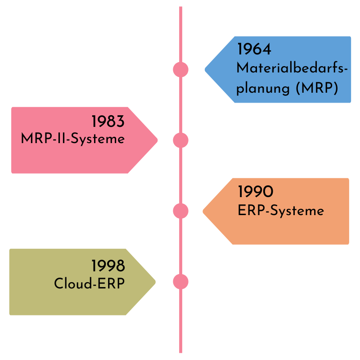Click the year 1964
tap(254, 49)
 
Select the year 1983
tap(108, 121)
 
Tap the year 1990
tap(255, 192)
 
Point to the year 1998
tap(108, 266)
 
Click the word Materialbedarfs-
tap(292, 68)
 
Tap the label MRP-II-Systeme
tap(72, 139)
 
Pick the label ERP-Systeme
tap(281, 211)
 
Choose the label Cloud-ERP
tap(89, 284)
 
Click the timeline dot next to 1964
tap(180, 70)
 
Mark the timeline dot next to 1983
tap(180, 140)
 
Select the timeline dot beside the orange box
tap(180, 211)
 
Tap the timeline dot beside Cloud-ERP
tap(180, 282)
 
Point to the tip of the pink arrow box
tap(157, 140)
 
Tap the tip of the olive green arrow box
tap(155, 282)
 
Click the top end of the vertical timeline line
tap(180, 8)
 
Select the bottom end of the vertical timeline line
tap(180, 352)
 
